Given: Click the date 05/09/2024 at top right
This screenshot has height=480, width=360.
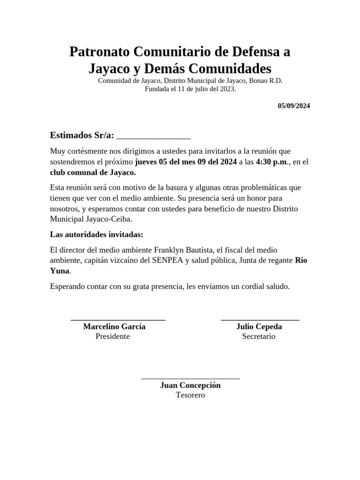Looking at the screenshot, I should tap(293, 106).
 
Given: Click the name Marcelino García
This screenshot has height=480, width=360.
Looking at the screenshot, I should tap(114, 327).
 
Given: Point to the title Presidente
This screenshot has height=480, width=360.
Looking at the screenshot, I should tap(112, 336).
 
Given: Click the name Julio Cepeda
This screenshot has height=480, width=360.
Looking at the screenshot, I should tap(259, 327).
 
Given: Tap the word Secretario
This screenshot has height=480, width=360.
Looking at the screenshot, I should tap(259, 336).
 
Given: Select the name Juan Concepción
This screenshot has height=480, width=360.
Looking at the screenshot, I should tap(190, 385).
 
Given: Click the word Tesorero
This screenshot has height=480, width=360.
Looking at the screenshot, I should tap(190, 395).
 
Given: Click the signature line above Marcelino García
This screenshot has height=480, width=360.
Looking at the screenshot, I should tap(118, 320).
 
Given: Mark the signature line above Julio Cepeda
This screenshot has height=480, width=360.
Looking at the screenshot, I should tap(260, 320).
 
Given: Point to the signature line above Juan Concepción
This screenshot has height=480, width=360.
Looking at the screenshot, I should tap(190, 378).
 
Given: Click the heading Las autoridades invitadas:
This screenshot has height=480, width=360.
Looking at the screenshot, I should tap(97, 234).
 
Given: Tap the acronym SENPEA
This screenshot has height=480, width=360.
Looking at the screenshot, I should tap(168, 261).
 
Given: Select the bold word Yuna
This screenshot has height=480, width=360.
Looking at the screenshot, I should tap(60, 271).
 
